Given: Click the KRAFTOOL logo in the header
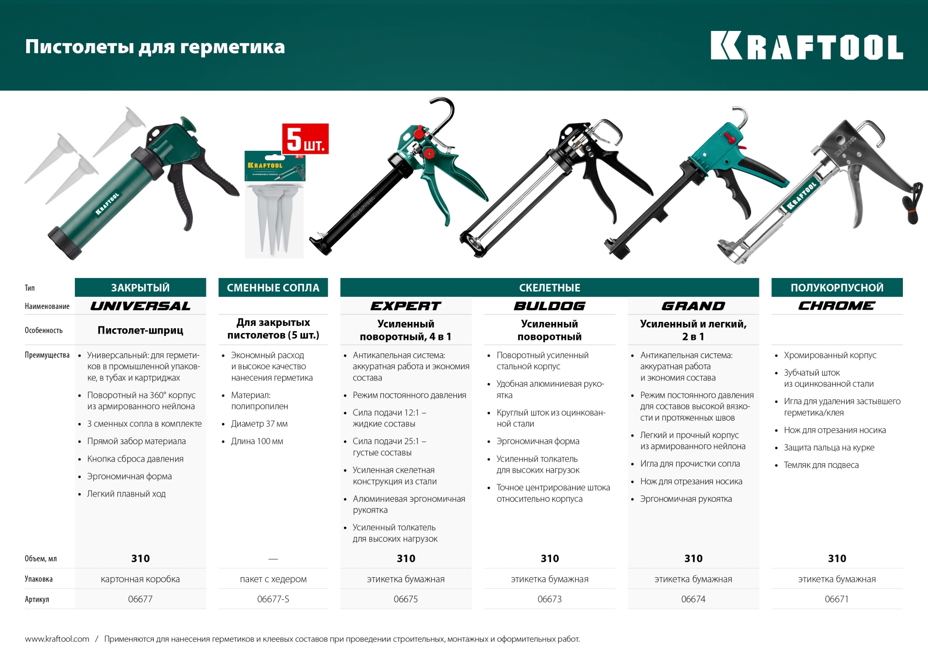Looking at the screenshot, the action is coord(806,46).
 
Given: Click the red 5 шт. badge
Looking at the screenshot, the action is coord(305,139).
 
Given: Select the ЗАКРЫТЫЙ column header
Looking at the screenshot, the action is coord(140,288).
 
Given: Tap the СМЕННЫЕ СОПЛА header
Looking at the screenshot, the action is coord(273,288).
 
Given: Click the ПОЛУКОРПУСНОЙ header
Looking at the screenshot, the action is coord(837,288).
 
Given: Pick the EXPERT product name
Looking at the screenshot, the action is coord(406,306).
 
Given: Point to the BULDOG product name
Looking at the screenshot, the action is coord(550,306).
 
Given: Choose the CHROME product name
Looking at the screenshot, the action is coord(837,306).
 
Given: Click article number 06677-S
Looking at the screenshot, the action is coord(273,599).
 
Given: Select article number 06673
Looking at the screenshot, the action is coord(550,599).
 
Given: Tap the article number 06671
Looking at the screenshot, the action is coord(837,599).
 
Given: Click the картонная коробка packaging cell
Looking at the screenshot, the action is coord(140,579).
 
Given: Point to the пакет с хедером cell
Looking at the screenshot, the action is coord(273,579).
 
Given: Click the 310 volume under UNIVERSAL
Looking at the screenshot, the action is coord(140,558).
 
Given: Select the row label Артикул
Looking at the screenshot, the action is coord(37,599).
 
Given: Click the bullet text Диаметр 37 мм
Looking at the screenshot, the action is coord(259,424).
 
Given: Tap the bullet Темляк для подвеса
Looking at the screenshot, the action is coord(821,465).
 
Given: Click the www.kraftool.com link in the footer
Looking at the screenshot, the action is coord(57,639).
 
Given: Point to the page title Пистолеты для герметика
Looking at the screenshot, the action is coord(155,47).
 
